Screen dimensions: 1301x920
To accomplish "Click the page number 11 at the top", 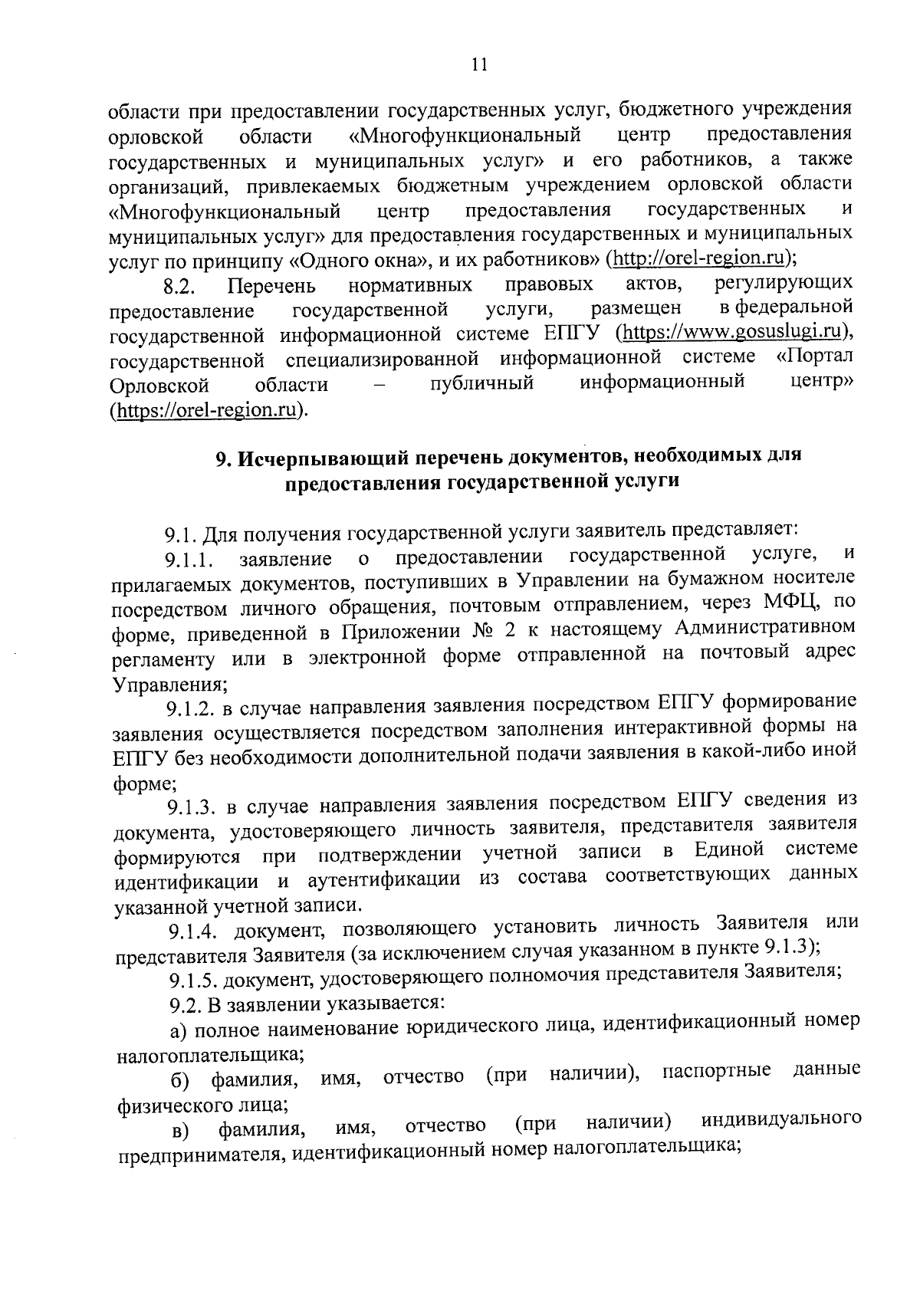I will (479, 64).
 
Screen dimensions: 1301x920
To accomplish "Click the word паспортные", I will (716, 1071).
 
